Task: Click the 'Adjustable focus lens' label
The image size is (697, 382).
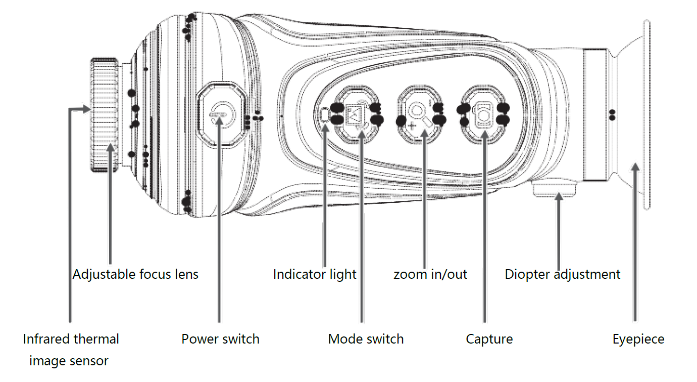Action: coord(135,274)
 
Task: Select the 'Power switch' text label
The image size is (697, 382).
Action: coord(220,338)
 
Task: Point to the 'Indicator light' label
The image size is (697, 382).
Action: coord(315,274)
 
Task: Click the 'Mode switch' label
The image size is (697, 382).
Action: coord(366,338)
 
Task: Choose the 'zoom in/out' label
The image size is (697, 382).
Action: coord(430,274)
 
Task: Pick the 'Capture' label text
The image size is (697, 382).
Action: coord(489,338)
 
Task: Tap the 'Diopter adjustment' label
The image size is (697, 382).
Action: coord(563,274)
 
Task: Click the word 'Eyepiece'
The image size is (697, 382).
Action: coord(638,338)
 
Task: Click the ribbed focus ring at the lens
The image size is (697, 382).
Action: coord(105,115)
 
